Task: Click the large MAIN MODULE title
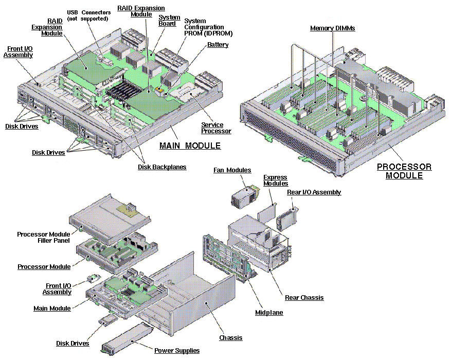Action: coord(190,146)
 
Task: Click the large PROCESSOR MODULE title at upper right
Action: coord(404,171)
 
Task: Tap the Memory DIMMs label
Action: coord(332,28)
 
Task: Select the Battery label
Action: coord(218,45)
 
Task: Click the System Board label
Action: coord(169,20)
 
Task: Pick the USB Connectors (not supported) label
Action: coord(88,15)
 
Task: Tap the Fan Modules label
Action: coord(232,170)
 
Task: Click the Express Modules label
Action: coord(276,181)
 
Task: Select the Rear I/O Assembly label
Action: coord(314,192)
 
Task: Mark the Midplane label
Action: coord(269,313)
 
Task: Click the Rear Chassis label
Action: coord(304,297)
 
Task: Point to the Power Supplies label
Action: coord(177,350)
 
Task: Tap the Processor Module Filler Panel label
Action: coord(44,238)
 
